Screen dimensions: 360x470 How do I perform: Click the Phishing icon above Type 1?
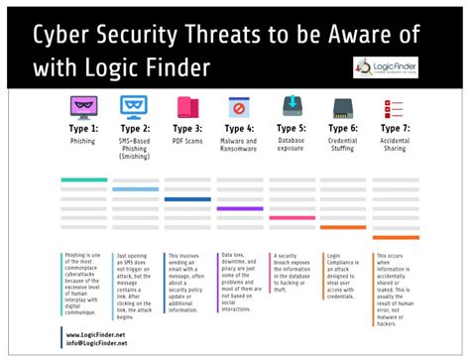81,106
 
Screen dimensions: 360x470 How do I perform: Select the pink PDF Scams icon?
184,106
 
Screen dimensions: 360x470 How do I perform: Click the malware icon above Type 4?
237,106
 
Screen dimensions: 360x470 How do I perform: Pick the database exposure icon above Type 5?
290,106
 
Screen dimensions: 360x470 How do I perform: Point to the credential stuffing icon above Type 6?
342,106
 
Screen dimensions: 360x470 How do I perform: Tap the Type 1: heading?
82,129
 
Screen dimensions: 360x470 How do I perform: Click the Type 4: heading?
237,129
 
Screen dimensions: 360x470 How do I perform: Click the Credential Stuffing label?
342,146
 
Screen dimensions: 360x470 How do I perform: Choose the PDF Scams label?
185,142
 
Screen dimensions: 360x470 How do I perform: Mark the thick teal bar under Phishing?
83,180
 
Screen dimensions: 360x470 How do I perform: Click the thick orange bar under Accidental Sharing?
394,238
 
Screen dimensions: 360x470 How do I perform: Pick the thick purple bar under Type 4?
239,208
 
